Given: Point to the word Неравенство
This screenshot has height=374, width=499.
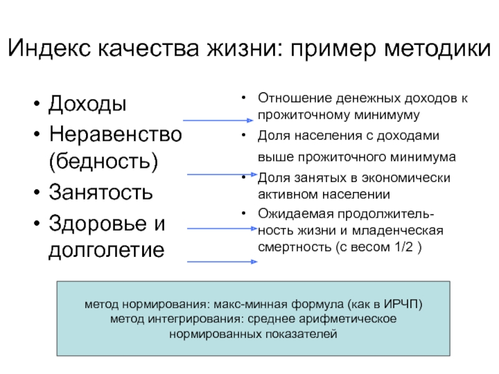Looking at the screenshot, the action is click(115, 133).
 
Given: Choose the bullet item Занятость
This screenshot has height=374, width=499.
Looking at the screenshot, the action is click(100, 191).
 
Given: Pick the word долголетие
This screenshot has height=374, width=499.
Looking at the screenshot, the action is click(107, 250).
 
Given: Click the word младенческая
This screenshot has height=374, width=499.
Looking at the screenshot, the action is click(406, 230).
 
